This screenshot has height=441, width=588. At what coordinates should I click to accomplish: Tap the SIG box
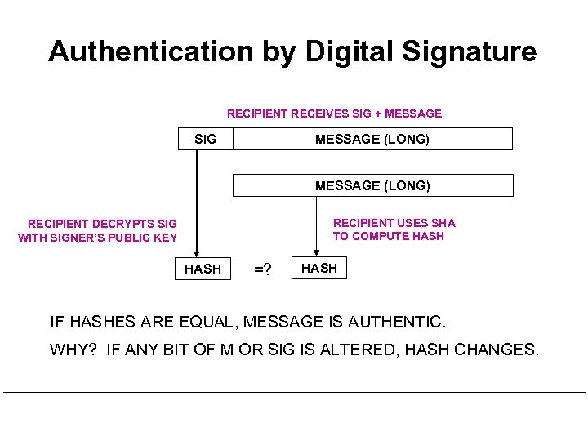[206, 139]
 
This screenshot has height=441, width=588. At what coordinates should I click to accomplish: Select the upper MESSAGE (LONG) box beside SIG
[372, 139]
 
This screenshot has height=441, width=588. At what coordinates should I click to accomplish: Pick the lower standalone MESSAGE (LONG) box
[372, 185]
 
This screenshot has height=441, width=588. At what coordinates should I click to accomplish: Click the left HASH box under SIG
[203, 269]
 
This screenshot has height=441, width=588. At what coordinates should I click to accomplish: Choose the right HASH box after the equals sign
[319, 268]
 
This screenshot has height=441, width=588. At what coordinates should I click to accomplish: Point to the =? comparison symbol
[262, 269]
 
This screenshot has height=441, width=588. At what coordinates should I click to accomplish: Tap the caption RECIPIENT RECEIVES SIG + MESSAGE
[334, 114]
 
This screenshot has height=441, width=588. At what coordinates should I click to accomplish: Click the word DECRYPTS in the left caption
[111, 223]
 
